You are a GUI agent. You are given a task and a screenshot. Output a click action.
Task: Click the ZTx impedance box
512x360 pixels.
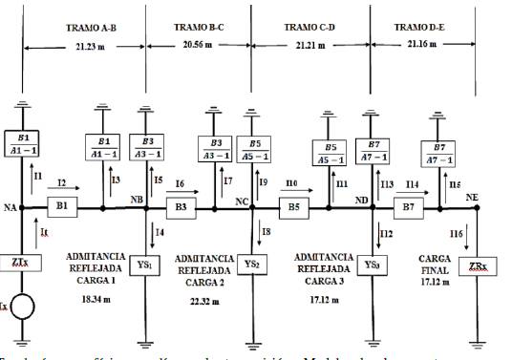click(23, 262)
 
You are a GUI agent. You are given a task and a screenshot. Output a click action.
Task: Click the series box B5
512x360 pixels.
click(294, 206)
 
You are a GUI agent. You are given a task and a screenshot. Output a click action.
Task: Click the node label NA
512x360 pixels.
click(10, 206)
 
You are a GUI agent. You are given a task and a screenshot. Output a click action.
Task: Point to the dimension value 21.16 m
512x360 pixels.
click(424, 44)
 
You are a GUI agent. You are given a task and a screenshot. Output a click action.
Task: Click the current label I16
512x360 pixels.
click(459, 233)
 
